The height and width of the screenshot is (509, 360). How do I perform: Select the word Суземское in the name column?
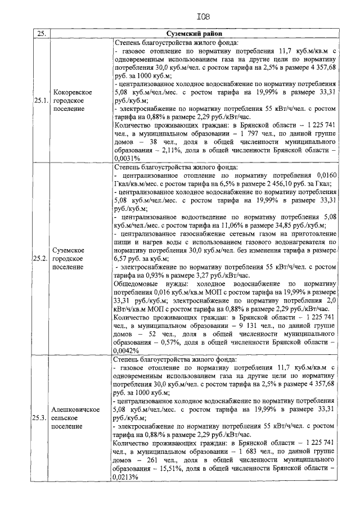[68, 249]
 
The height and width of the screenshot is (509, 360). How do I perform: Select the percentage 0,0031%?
[127, 159]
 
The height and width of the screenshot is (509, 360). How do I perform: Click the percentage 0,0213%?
[127, 476]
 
